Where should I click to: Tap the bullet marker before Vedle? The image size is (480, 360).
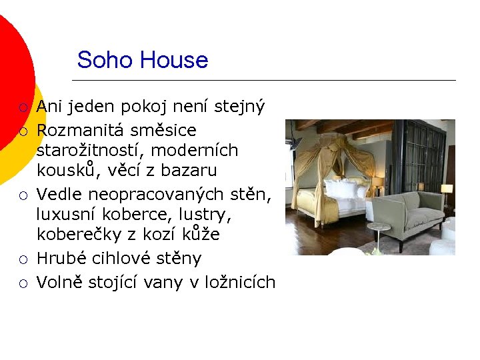23,195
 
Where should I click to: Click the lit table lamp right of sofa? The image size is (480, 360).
446,191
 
